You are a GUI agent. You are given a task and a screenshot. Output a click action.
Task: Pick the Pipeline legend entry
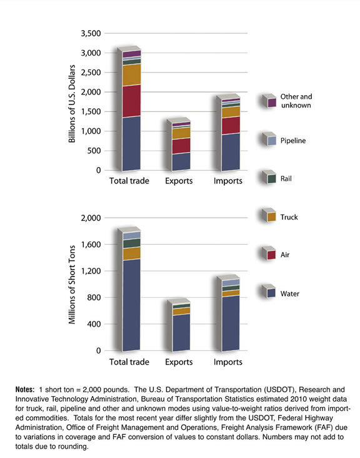tap(293, 141)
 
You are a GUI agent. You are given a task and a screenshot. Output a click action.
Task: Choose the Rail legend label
tap(287, 179)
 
